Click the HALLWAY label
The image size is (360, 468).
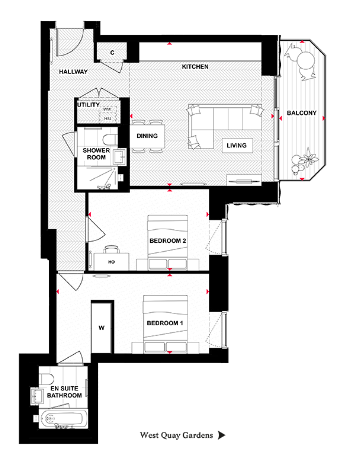coord(74,72)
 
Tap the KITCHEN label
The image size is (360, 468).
coord(194,67)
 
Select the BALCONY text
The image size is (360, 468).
coord(301,113)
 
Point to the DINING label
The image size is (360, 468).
coord(147,135)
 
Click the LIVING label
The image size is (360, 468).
coord(237,145)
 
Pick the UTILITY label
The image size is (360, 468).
coord(88,104)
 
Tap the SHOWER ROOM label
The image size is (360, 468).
coord(96,154)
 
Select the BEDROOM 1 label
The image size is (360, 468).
coord(165,324)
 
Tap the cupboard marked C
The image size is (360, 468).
coord(113,51)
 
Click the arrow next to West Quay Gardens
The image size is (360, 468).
coord(222,436)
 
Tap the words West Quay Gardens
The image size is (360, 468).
coord(177,436)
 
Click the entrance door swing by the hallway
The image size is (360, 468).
coord(68,45)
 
